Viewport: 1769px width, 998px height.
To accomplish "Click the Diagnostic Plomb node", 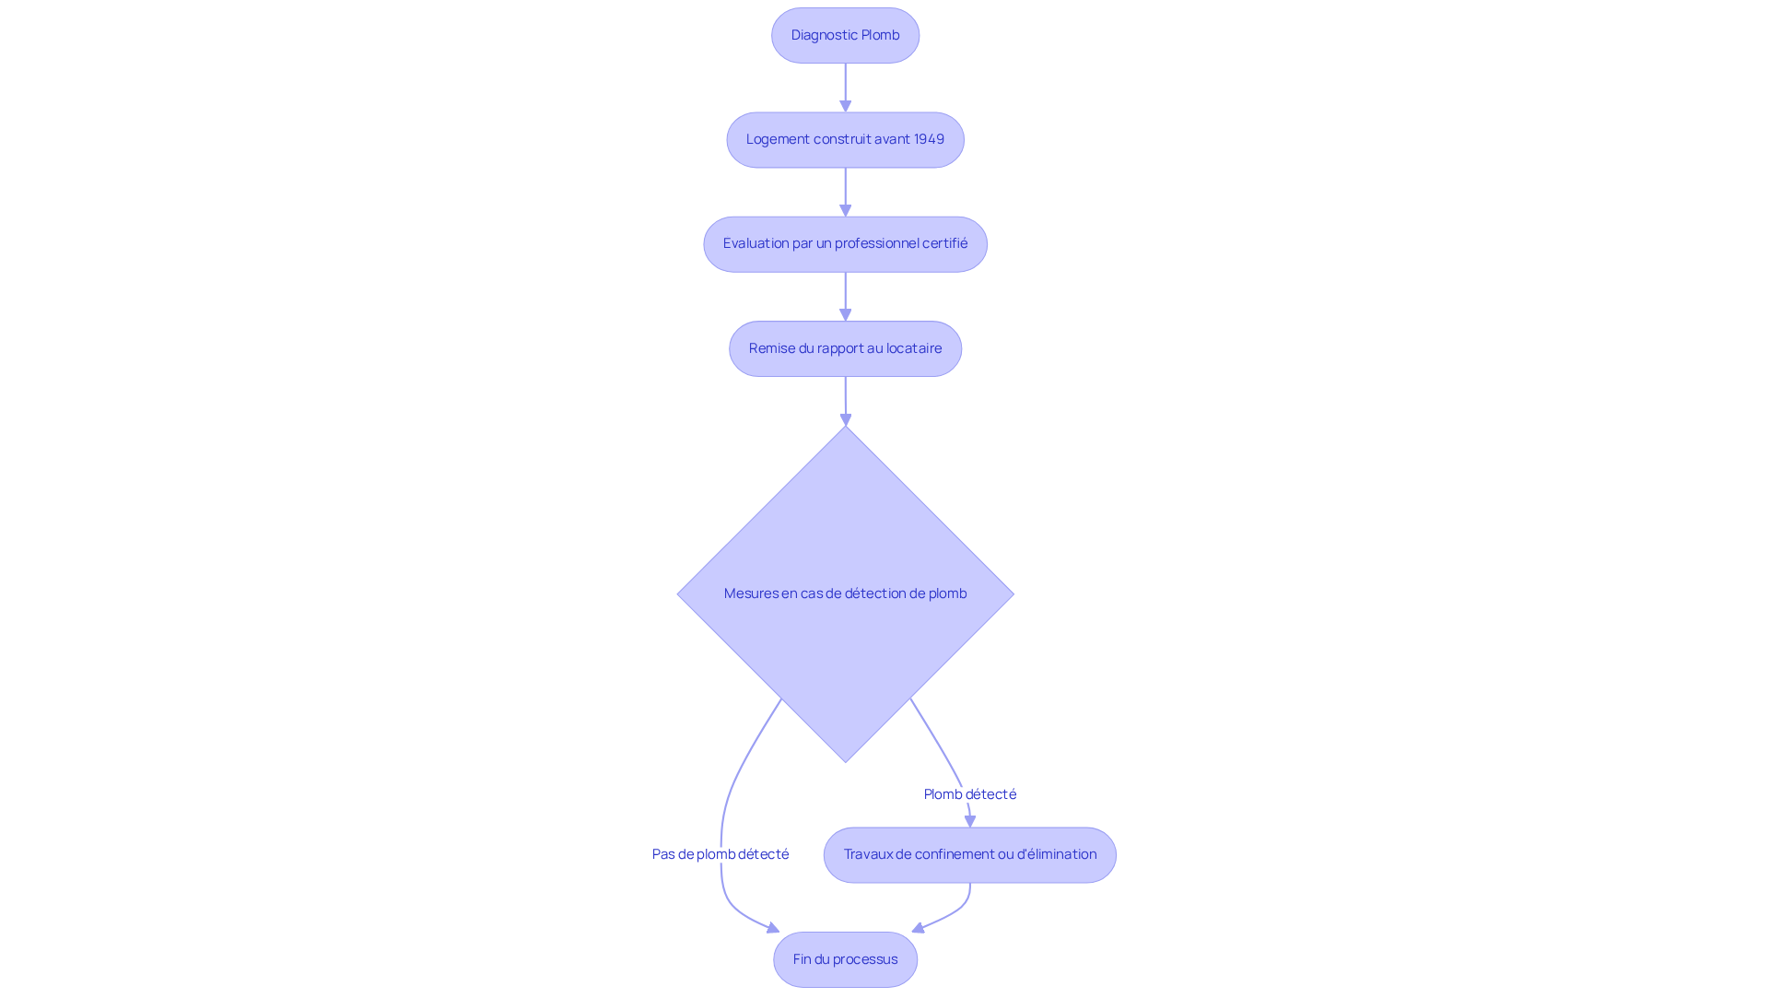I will [845, 36].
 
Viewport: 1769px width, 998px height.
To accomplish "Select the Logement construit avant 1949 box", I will [845, 140].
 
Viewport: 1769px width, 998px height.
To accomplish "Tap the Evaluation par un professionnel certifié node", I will [845, 244].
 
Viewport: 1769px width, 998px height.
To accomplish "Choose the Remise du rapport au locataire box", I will [845, 348].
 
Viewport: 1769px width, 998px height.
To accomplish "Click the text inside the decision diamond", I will [845, 593].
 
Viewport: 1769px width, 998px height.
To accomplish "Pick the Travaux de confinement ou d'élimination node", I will [969, 855].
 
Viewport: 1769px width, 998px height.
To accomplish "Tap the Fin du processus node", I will [845, 959].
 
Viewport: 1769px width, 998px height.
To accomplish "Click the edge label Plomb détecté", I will [969, 794].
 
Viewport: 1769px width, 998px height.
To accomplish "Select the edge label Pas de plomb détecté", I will [720, 854].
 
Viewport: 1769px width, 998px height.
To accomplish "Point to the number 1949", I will [929, 139].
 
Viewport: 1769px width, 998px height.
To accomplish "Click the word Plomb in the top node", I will [880, 35].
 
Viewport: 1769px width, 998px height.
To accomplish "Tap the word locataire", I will [913, 348].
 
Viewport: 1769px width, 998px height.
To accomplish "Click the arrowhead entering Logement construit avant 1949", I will [845, 106].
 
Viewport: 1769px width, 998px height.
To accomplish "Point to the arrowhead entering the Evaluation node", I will [845, 210].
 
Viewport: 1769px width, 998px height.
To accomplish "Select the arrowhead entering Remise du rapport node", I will [845, 314].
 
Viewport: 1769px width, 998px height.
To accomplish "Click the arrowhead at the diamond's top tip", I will [845, 419].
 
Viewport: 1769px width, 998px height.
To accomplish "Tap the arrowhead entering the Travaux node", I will [969, 821].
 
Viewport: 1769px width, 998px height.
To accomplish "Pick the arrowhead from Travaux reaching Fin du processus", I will [919, 928].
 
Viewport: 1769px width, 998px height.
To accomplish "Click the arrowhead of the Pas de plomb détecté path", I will [773, 928].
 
